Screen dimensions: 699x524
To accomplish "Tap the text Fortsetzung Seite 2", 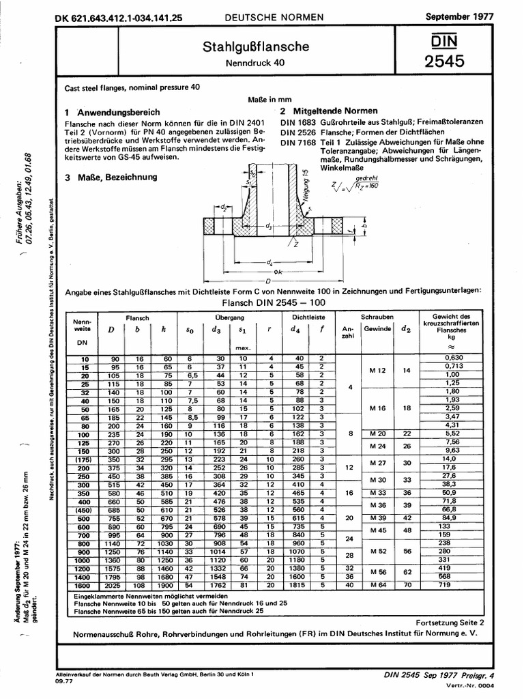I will (449, 623).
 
